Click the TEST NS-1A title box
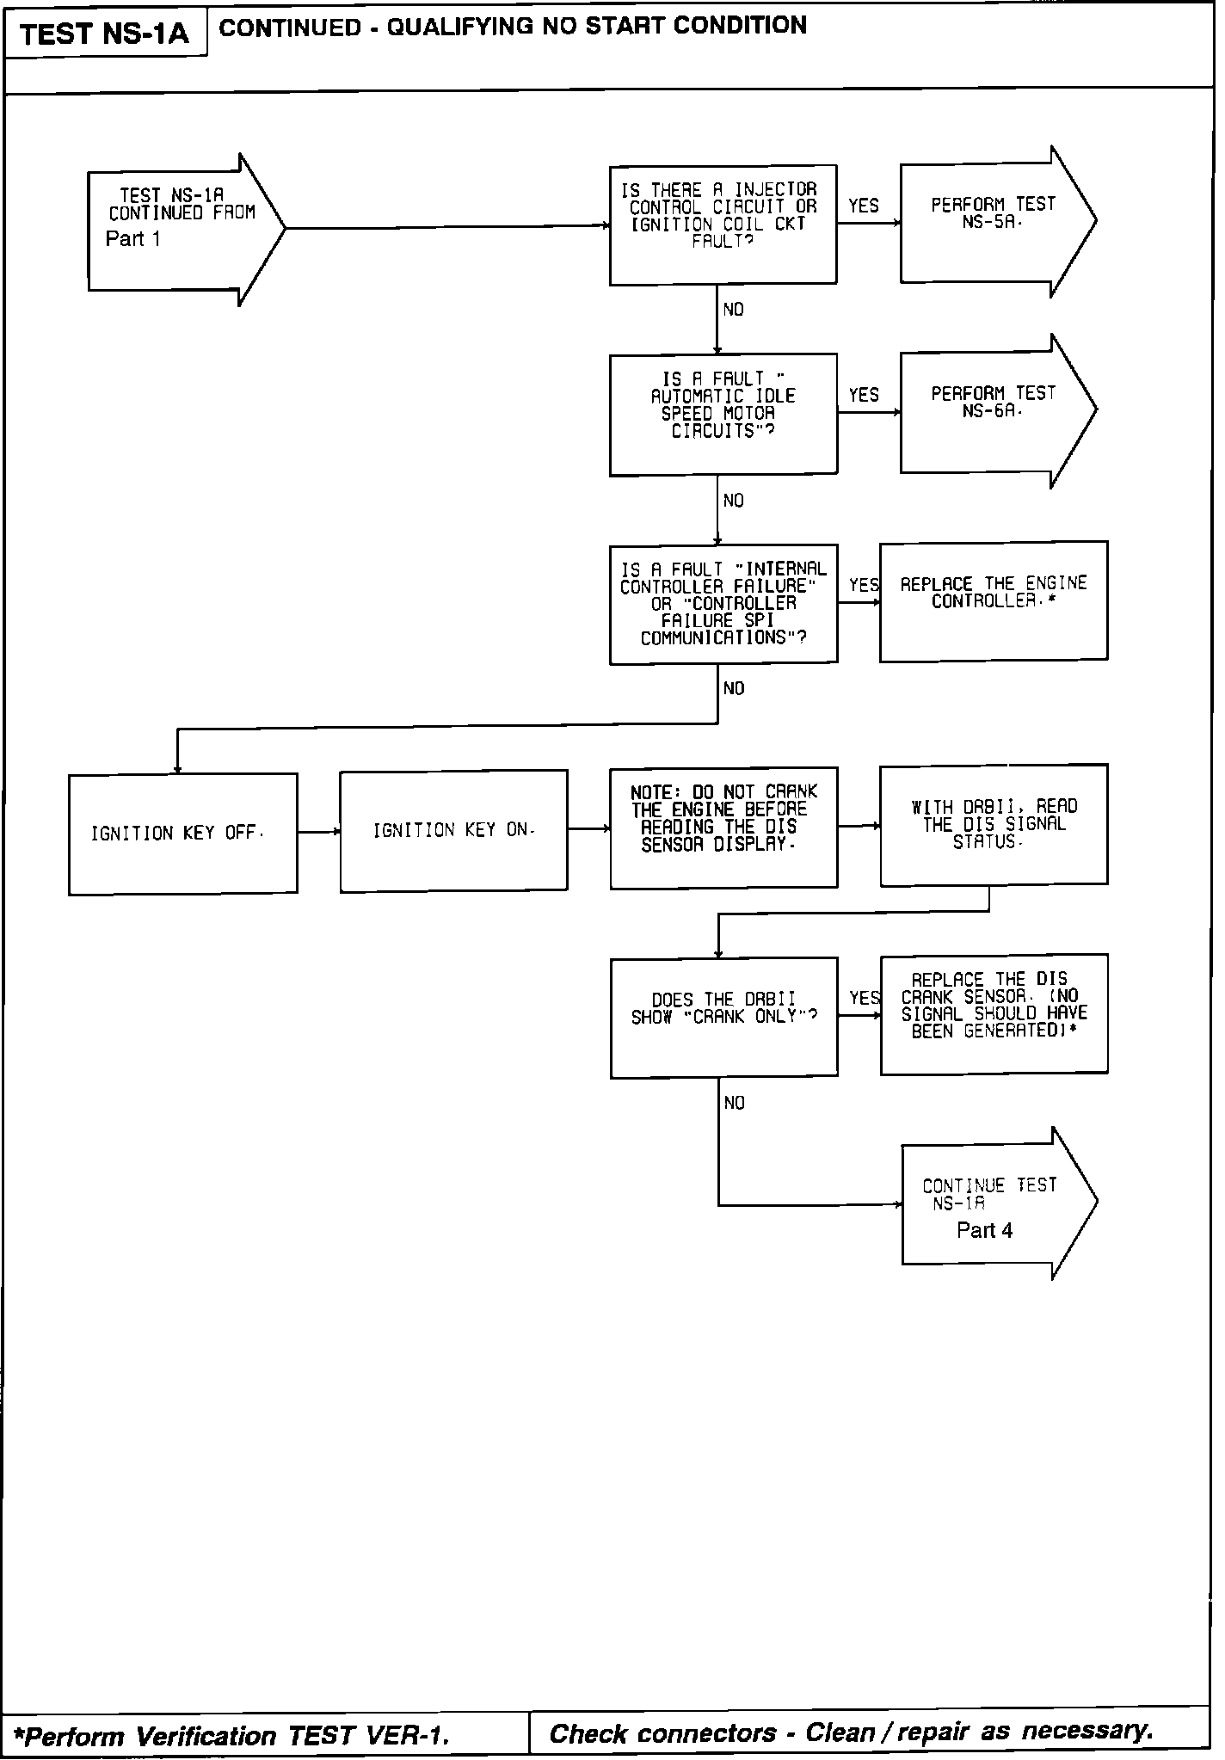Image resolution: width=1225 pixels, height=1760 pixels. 104,34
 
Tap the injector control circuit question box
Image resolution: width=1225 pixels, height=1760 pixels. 723,224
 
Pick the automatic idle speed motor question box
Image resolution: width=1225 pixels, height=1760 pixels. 723,414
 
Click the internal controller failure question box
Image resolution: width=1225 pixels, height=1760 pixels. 723,604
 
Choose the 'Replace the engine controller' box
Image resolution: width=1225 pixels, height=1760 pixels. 993,601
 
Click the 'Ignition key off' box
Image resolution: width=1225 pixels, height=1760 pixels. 182,834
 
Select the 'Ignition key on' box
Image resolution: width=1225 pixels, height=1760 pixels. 453,831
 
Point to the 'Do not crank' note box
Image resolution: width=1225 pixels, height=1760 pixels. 723,828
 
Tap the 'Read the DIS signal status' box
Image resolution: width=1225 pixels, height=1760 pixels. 993,825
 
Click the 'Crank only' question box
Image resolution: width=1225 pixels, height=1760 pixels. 723,1017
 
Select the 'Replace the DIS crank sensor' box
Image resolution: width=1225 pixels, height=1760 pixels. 993,1014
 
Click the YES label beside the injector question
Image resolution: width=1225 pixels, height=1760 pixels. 864,206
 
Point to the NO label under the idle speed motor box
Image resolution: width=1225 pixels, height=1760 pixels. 734,501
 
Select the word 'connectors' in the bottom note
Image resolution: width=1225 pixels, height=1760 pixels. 723,1733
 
